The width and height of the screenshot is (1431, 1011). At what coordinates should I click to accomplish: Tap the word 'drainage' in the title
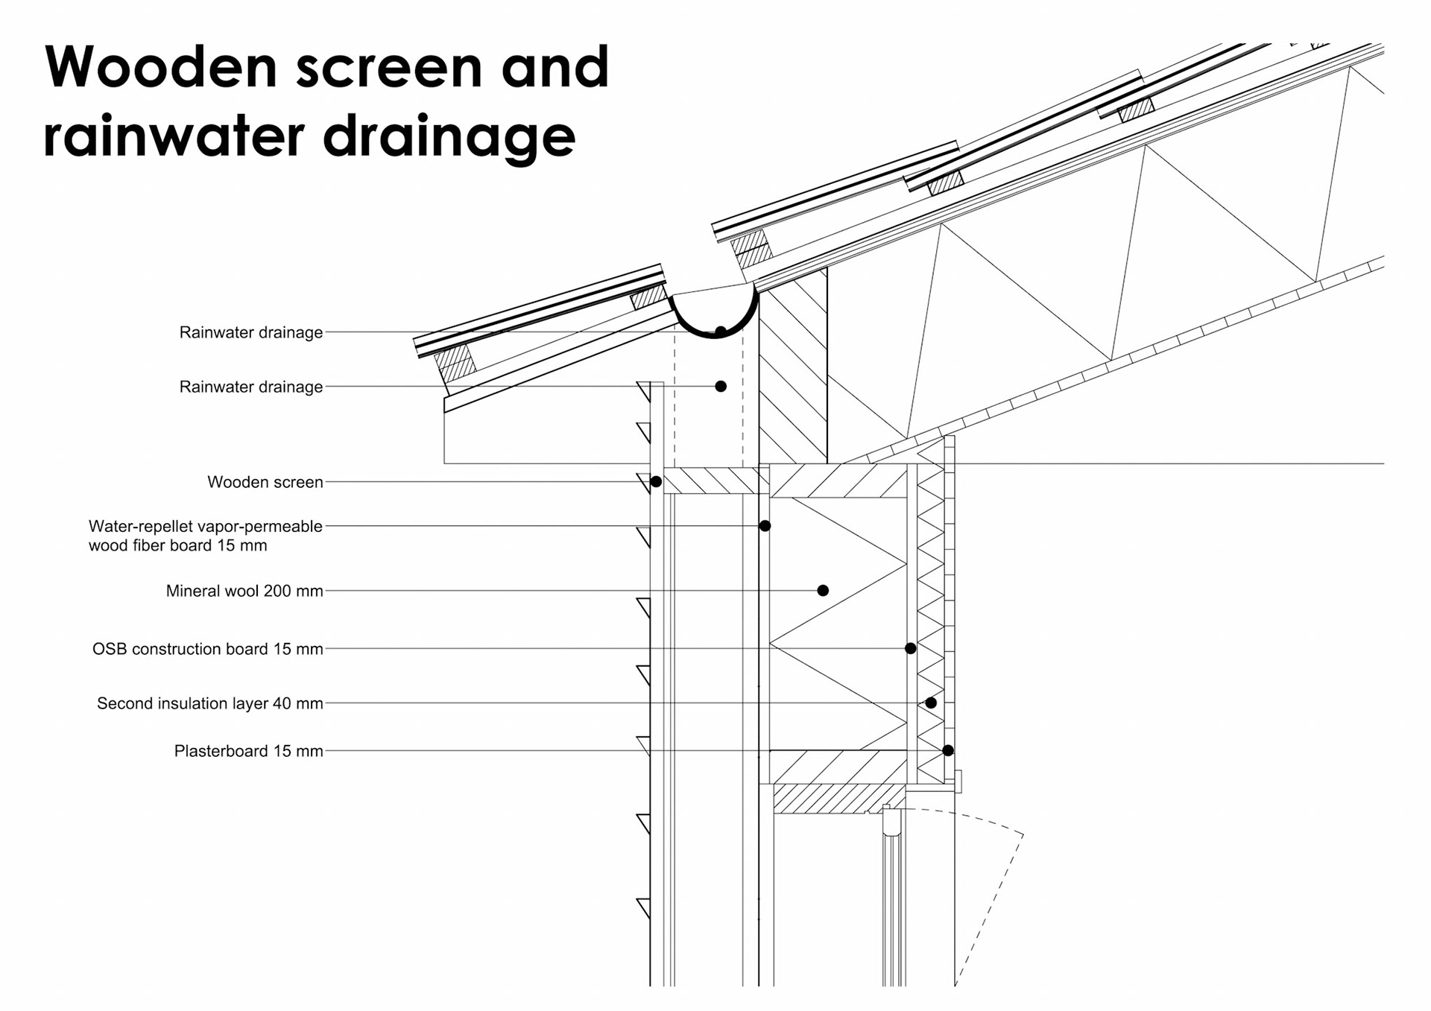(449, 138)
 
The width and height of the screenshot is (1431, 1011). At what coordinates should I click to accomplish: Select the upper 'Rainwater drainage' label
(251, 332)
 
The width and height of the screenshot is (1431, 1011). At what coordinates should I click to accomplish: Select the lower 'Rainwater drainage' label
(251, 387)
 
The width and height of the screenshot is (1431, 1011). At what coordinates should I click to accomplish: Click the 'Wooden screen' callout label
(265, 482)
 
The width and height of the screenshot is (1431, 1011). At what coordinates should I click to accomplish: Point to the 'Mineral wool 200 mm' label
(244, 591)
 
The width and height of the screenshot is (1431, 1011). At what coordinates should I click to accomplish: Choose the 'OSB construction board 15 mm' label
(208, 649)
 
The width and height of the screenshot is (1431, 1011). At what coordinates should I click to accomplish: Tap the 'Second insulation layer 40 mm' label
(210, 703)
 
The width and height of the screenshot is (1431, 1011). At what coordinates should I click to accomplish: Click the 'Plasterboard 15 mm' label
(249, 751)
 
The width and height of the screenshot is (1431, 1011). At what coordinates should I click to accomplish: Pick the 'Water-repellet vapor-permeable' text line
(206, 526)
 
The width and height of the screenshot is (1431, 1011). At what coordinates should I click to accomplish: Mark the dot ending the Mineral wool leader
(823, 591)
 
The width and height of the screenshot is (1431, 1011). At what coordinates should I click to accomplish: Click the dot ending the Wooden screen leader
(656, 482)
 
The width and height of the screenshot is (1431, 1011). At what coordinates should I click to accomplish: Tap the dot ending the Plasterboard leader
(948, 751)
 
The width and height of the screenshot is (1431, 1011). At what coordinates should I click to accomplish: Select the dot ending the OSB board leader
(910, 649)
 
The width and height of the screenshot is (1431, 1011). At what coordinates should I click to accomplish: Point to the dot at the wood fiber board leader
(765, 526)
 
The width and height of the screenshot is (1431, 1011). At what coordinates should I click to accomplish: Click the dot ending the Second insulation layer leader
(931, 703)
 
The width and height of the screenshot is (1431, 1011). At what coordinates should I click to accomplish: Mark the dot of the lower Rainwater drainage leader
(721, 387)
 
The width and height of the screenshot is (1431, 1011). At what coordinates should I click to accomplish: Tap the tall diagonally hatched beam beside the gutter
(793, 373)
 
